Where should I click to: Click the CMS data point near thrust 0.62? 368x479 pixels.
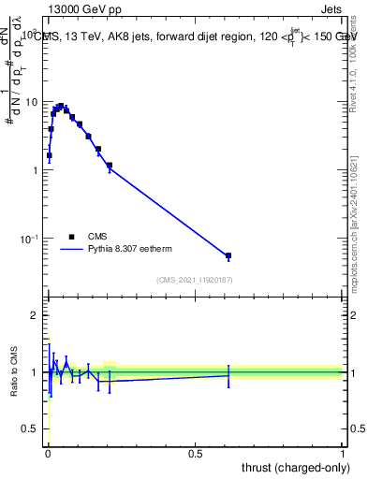pos(228,255)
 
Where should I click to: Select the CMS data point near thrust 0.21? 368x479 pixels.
pos(110,166)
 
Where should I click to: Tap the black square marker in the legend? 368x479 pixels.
pos(70,238)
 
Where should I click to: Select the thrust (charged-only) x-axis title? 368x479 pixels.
pos(290,467)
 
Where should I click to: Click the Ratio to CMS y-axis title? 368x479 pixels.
pos(15,371)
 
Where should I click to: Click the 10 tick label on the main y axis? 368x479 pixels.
pos(30,101)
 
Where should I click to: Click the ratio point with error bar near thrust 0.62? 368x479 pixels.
pos(228,375)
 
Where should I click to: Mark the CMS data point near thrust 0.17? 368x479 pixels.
pos(98,149)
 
